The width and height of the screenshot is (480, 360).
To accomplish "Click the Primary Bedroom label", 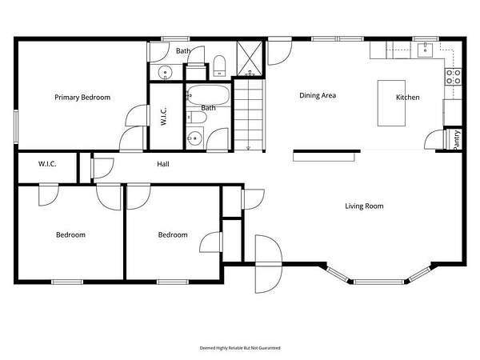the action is (x=82, y=98).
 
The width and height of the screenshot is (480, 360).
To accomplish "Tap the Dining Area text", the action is (x=318, y=95).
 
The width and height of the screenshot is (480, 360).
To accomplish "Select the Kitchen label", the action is (x=408, y=98).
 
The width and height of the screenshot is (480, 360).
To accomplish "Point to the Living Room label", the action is (x=364, y=206).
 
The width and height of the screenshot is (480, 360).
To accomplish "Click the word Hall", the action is (x=163, y=164).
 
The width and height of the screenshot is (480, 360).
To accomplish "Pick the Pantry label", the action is (x=457, y=140).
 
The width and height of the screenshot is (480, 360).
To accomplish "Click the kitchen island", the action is (x=391, y=103).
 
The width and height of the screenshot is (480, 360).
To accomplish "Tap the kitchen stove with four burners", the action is (x=454, y=77).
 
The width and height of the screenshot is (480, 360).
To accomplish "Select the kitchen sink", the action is (x=426, y=50).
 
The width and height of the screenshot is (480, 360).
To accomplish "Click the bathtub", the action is (x=208, y=95).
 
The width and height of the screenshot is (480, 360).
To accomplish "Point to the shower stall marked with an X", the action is (x=250, y=58).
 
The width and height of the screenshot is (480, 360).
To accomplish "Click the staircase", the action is (x=249, y=115).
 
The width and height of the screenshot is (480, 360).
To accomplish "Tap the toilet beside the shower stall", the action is (x=219, y=66).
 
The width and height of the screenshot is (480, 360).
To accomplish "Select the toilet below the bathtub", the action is (x=197, y=118).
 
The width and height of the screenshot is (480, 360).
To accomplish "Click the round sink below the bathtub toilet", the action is (x=194, y=138).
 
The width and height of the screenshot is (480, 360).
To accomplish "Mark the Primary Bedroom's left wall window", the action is (x=16, y=126).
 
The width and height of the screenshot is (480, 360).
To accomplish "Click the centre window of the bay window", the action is (x=379, y=282).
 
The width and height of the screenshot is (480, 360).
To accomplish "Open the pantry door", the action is (x=434, y=140).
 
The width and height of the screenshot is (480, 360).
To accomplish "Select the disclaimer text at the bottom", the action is (x=240, y=348).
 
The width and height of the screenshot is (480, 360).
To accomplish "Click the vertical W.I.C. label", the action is (x=163, y=116).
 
